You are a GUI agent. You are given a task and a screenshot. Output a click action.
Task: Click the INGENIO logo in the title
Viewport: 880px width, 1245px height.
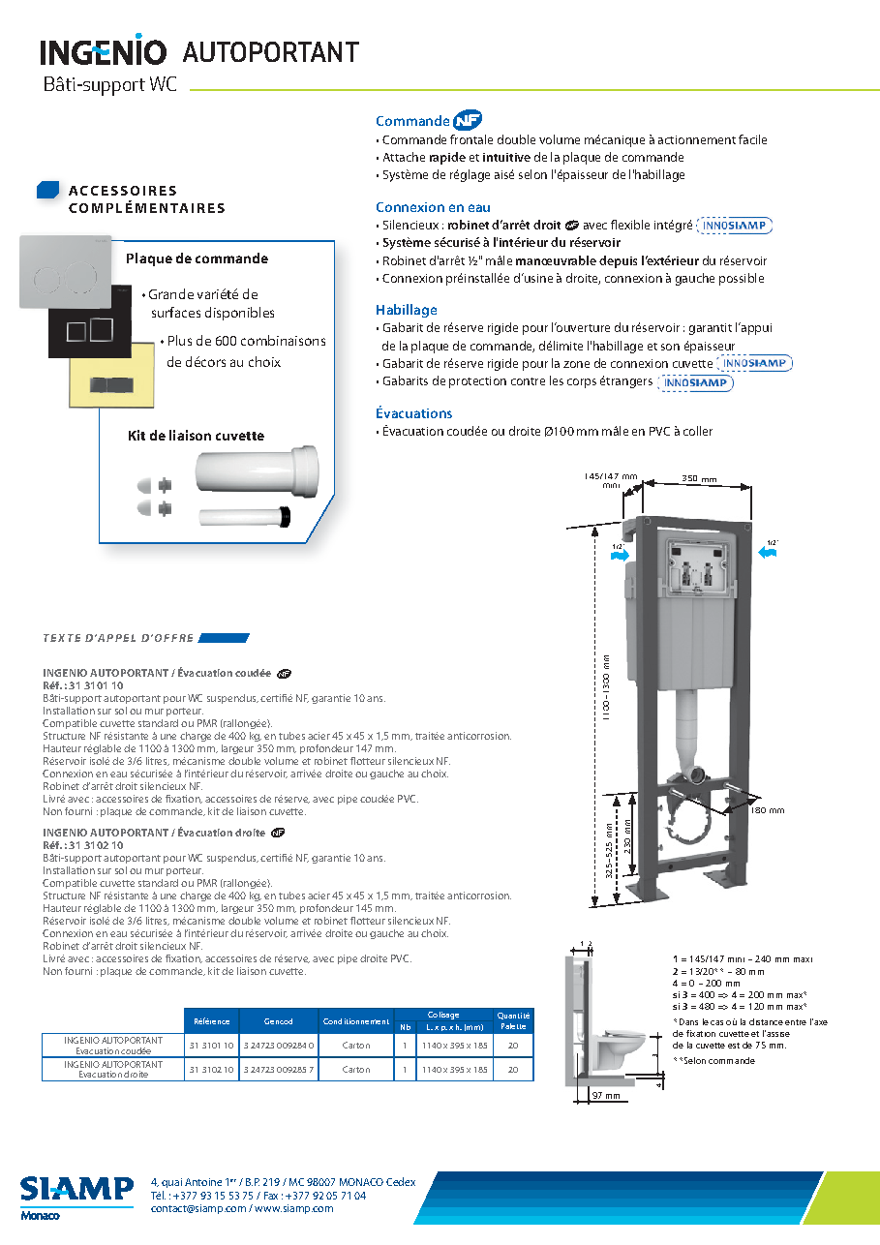104,50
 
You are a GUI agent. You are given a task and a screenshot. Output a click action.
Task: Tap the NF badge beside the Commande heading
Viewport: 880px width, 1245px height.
468,120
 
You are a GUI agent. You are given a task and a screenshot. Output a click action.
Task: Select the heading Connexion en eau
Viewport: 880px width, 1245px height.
433,207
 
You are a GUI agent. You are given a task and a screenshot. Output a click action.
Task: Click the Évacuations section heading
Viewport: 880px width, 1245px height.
414,413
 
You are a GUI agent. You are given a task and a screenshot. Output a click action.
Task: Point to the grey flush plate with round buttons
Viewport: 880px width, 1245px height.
66,271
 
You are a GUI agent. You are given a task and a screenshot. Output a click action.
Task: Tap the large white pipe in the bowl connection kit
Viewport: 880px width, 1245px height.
258,471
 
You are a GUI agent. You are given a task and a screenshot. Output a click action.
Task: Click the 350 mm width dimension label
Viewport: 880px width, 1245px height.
699,478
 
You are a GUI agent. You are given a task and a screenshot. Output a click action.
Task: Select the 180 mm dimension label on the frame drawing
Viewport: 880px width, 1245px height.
767,810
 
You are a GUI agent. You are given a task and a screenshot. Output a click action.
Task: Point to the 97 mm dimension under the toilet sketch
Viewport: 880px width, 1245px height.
606,1096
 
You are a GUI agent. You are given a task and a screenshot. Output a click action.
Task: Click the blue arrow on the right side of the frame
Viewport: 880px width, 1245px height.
768,552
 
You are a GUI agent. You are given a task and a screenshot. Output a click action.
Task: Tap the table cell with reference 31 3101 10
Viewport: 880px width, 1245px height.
211,1046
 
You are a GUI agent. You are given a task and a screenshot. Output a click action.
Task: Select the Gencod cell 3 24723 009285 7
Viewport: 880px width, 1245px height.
279,1070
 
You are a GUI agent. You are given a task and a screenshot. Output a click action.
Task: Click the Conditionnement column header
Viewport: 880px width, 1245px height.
356,1021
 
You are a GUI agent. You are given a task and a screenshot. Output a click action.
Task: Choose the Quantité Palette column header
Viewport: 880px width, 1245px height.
513,1021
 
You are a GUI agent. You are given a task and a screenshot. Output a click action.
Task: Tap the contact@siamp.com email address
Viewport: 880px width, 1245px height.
198,1208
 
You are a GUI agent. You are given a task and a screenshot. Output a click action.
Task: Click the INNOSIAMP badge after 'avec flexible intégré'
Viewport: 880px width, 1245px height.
735,226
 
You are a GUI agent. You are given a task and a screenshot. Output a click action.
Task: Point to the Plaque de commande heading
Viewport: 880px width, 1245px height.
197,258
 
